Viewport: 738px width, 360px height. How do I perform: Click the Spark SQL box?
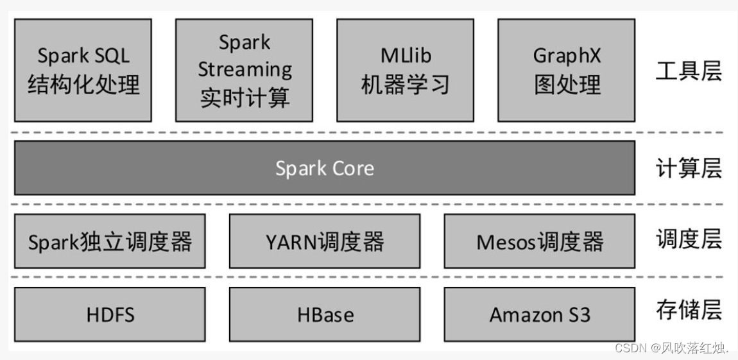[x=83, y=70]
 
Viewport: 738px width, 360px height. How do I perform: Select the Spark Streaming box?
[x=244, y=70]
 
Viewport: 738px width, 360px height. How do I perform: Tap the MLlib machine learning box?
[x=405, y=70]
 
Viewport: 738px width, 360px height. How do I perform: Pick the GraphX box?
[x=566, y=70]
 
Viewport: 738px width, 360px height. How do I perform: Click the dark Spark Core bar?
[x=324, y=168]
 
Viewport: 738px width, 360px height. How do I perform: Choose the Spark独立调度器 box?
[x=110, y=242]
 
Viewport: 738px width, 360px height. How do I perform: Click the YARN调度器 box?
[x=324, y=242]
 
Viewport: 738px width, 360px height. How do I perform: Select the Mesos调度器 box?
[x=539, y=242]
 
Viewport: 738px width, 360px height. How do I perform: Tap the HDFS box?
[x=110, y=314]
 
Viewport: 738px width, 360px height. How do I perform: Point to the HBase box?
[x=324, y=314]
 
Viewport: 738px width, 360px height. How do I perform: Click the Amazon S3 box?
[x=539, y=314]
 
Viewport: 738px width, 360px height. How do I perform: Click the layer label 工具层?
[x=688, y=71]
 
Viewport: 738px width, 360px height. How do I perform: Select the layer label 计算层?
[x=688, y=169]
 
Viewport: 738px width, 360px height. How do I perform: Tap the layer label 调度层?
[x=688, y=239]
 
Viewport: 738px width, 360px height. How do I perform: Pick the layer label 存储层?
[x=688, y=309]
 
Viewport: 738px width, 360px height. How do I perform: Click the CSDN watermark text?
[x=671, y=348]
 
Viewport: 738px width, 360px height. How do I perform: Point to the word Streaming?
[x=245, y=69]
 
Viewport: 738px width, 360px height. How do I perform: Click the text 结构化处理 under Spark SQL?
[x=83, y=85]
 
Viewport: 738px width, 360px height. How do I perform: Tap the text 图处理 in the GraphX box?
[x=567, y=85]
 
